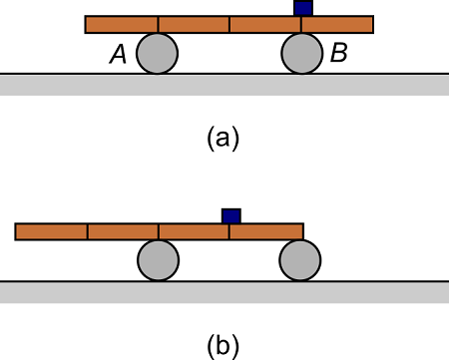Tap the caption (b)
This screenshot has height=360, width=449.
224,346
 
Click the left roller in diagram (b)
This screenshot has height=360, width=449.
158,260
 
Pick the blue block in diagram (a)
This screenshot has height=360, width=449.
302,7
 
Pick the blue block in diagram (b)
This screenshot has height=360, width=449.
230,215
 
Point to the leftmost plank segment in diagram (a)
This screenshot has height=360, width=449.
121,24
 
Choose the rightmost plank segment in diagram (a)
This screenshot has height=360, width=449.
337,24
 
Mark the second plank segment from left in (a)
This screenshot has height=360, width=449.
194,24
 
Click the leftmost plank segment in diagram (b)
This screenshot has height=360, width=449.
51,231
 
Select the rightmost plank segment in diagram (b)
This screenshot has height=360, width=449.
266,231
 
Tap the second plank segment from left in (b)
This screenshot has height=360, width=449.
123,231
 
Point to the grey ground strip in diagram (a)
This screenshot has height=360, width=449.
224,84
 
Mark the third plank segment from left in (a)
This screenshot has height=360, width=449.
265,24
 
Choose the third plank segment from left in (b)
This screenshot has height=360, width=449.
195,231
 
